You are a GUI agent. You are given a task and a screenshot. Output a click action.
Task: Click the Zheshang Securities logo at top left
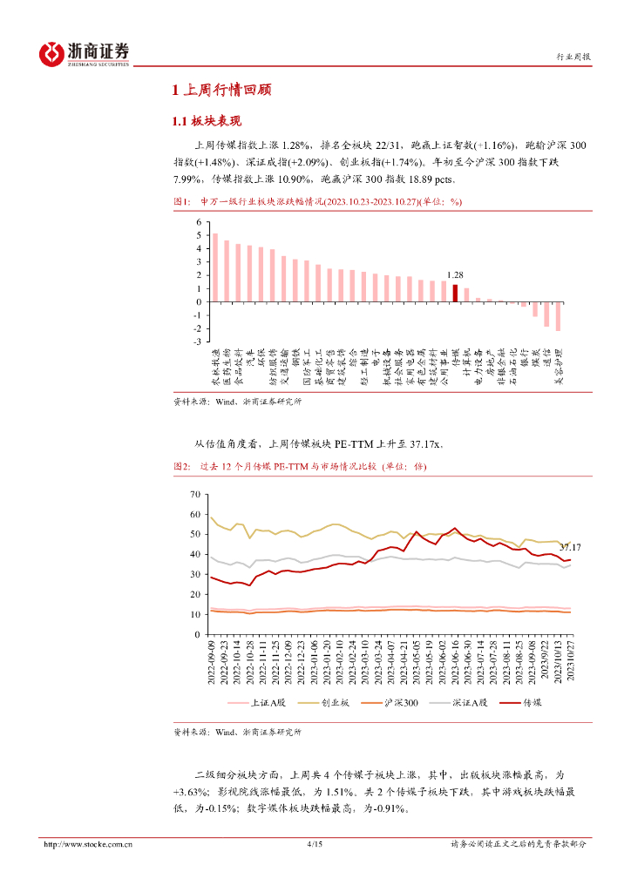[84, 54]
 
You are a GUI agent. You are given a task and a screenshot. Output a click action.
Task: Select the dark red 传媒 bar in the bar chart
[455, 293]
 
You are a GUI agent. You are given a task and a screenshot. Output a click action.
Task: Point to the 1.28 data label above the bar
[455, 274]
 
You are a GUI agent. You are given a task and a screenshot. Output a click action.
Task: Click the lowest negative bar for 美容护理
[558, 316]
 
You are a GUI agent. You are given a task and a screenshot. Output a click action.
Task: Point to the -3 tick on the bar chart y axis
[199, 342]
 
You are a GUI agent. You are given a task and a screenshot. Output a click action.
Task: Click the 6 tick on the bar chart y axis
[199, 223]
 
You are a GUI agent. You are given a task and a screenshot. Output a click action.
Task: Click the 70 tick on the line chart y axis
[194, 495]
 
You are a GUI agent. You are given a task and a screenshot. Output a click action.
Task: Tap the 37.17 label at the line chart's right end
[570, 547]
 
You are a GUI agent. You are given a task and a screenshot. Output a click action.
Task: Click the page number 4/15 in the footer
[315, 844]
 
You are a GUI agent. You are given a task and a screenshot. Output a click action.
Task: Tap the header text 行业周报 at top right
[573, 57]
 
